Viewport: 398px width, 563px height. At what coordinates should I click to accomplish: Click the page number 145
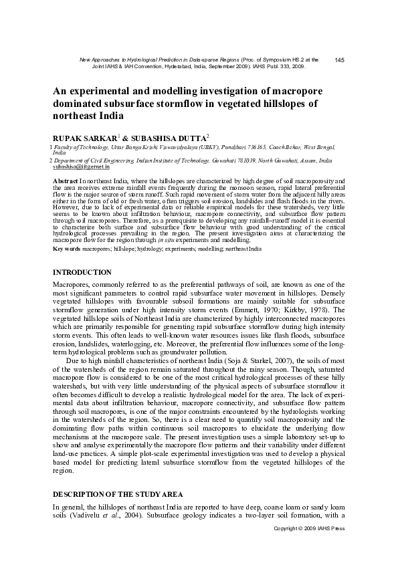(338, 60)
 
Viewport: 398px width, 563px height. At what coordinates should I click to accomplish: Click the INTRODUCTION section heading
(82, 272)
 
